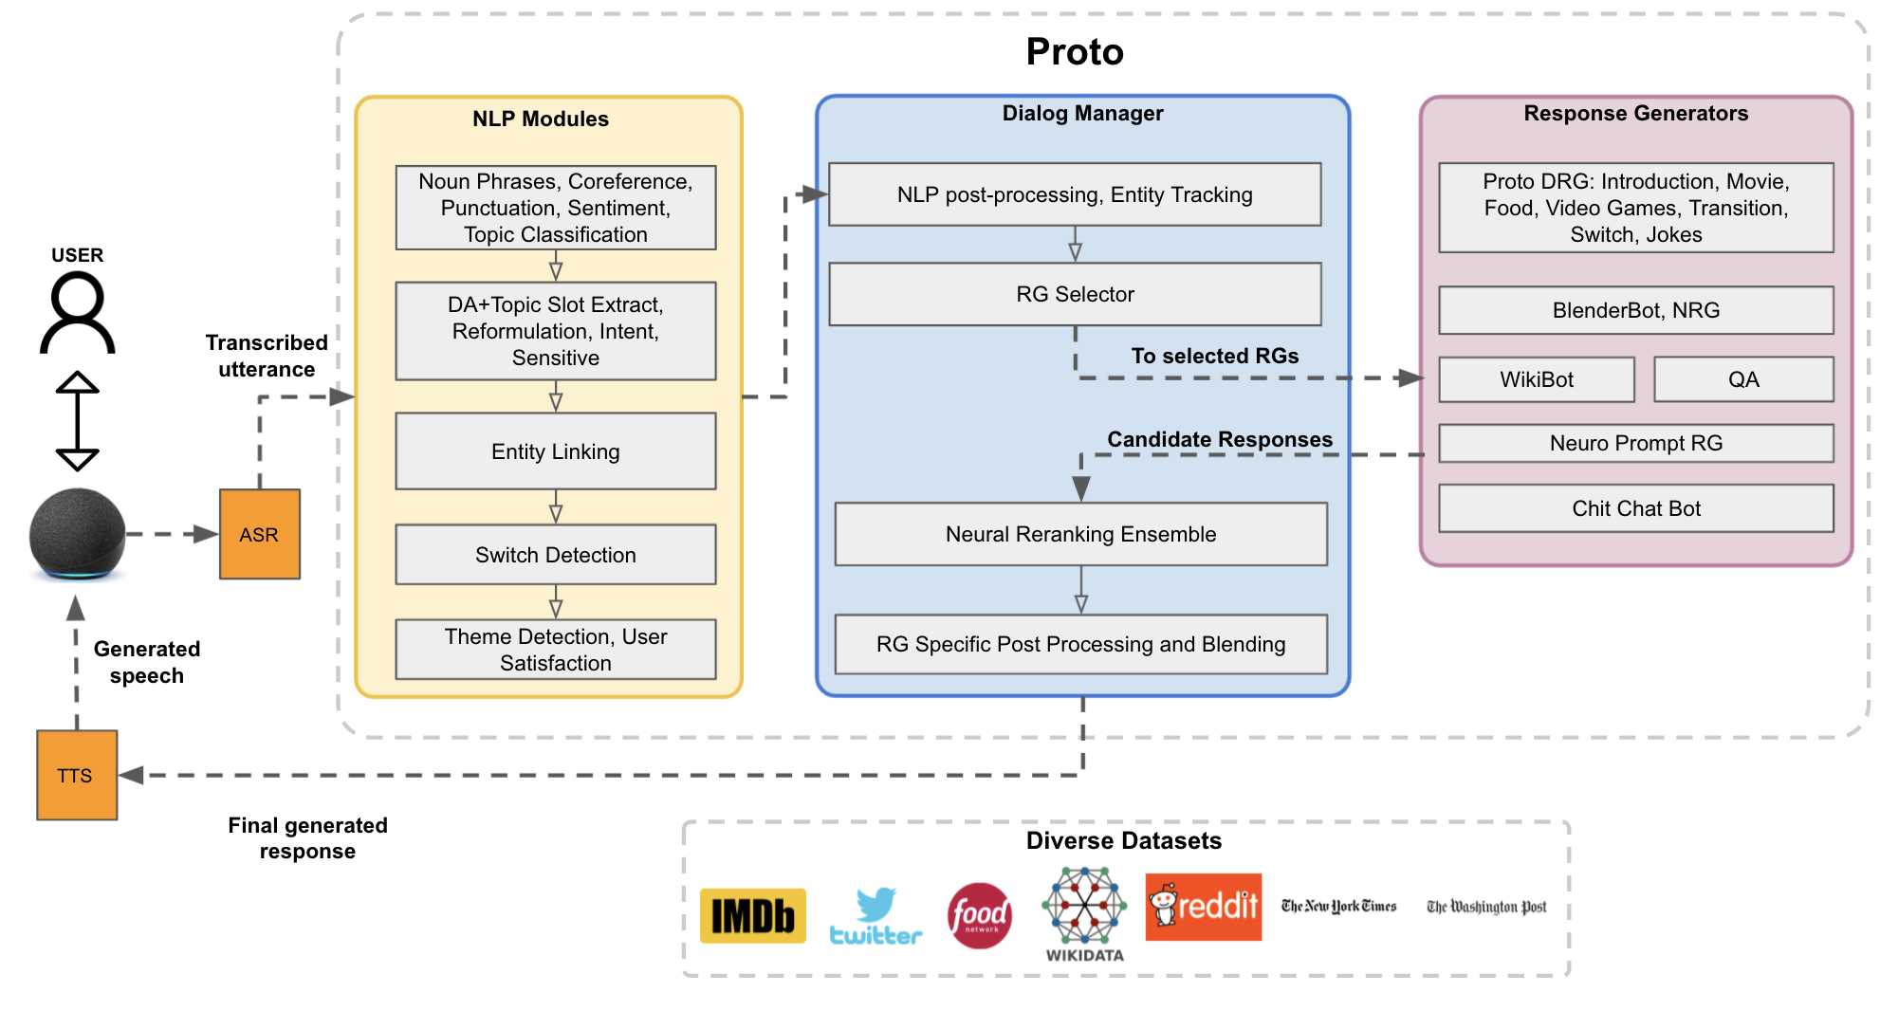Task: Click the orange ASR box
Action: [x=259, y=534]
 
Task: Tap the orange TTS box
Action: [x=76, y=775]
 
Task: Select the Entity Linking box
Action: [x=555, y=451]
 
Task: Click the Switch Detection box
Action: [x=555, y=555]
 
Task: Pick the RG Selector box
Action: [x=1074, y=294]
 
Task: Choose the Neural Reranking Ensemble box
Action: [x=1080, y=534]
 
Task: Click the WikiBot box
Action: [x=1536, y=379]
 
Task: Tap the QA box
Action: [x=1742, y=379]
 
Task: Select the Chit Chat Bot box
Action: [x=1635, y=508]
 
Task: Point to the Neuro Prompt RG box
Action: [x=1635, y=443]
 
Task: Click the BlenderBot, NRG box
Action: [x=1635, y=310]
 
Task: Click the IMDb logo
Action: [x=752, y=915]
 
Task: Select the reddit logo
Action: [x=1203, y=907]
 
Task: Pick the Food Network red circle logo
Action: [x=979, y=915]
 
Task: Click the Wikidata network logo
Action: [x=1084, y=906]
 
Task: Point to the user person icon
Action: [x=77, y=312]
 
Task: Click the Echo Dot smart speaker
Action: [x=77, y=534]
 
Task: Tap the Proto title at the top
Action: [x=1074, y=52]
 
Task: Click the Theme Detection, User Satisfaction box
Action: [x=555, y=650]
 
